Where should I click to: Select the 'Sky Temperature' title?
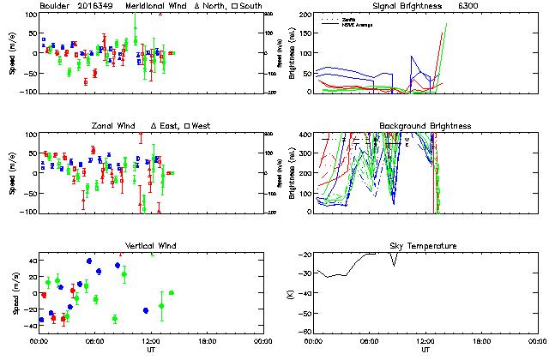click(425, 246)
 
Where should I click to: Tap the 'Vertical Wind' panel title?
click(151, 246)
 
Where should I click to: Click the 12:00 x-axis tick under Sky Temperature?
click(425, 342)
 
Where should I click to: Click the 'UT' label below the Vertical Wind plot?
click(151, 351)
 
